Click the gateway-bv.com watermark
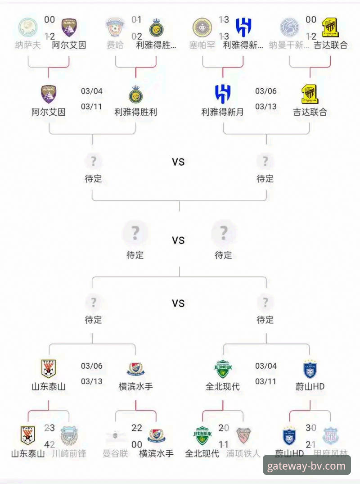click(x=306, y=466)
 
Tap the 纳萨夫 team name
click(x=28, y=45)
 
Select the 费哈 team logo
click(x=115, y=28)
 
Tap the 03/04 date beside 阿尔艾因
click(x=92, y=91)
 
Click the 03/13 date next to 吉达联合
click(x=266, y=107)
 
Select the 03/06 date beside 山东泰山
click(x=92, y=366)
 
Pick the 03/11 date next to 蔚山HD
click(x=266, y=381)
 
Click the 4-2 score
click(x=49, y=444)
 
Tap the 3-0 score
click(x=310, y=428)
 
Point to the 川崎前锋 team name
click(x=69, y=453)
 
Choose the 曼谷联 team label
click(x=115, y=453)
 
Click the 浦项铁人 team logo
click(x=243, y=436)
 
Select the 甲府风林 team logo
click(x=331, y=436)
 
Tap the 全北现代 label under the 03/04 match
click(x=223, y=386)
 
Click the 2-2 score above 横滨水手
click(x=136, y=428)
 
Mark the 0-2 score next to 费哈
click(x=136, y=36)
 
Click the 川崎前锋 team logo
click(x=69, y=436)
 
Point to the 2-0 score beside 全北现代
click(x=224, y=428)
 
